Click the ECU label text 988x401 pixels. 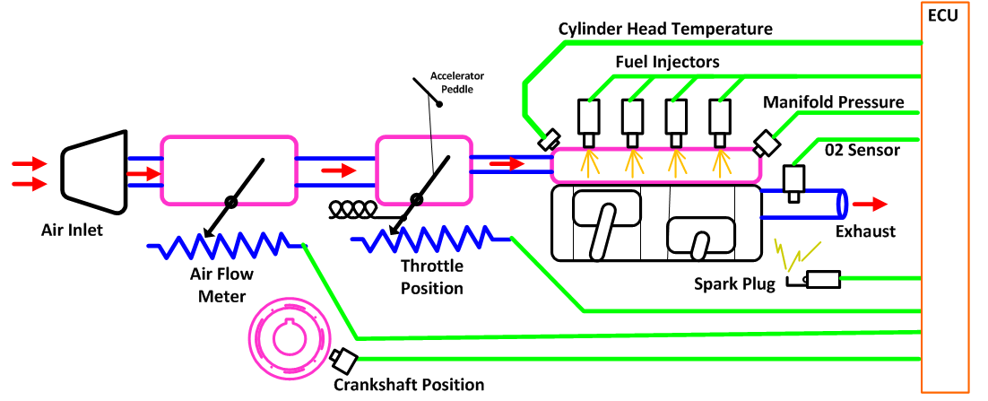pyautogui.click(x=946, y=15)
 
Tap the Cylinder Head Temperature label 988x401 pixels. pyautogui.click(x=666, y=30)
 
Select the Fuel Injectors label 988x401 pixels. pyautogui.click(x=667, y=62)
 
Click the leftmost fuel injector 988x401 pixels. pyautogui.click(x=589, y=121)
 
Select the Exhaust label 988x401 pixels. pyautogui.click(x=865, y=231)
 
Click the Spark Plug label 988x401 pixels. pyautogui.click(x=732, y=285)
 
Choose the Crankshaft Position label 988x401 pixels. pyautogui.click(x=409, y=385)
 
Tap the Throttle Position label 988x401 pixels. pyautogui.click(x=432, y=276)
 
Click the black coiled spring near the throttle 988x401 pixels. pyautogui.click(x=352, y=208)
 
